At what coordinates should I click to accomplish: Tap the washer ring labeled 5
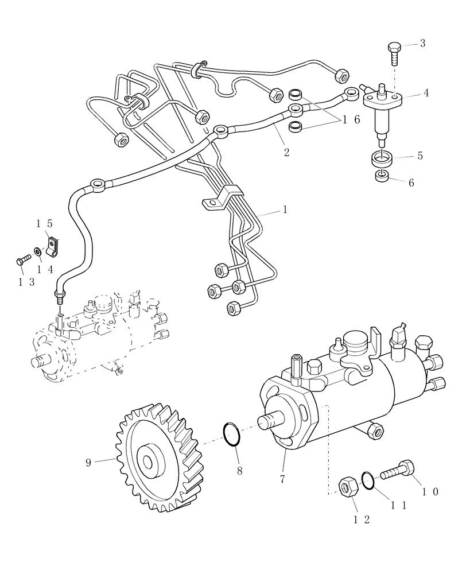click(x=382, y=156)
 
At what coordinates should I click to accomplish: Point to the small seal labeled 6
click(x=382, y=176)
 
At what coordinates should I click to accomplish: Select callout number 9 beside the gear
click(x=88, y=462)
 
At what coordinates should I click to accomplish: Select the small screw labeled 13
click(x=22, y=261)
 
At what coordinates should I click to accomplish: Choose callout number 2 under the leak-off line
click(x=286, y=152)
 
